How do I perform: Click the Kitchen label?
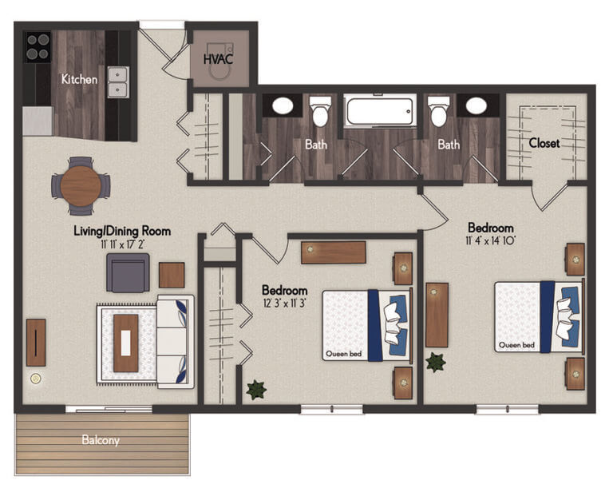(x=80, y=79)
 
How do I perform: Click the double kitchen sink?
(x=120, y=81)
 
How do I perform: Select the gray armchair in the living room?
(x=128, y=272)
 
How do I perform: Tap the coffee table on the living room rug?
(x=126, y=343)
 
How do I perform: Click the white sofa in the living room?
(x=175, y=342)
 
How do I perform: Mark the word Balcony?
(x=100, y=440)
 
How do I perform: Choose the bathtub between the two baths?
(x=380, y=110)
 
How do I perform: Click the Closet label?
(x=544, y=143)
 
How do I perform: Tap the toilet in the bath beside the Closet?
(x=439, y=112)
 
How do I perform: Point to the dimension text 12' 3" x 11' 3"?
(x=285, y=304)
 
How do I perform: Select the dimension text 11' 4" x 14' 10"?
(x=491, y=240)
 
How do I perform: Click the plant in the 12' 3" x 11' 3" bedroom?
(x=256, y=391)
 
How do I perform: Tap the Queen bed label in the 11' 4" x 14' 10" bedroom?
(x=516, y=345)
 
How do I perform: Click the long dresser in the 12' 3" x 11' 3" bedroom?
(x=333, y=252)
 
